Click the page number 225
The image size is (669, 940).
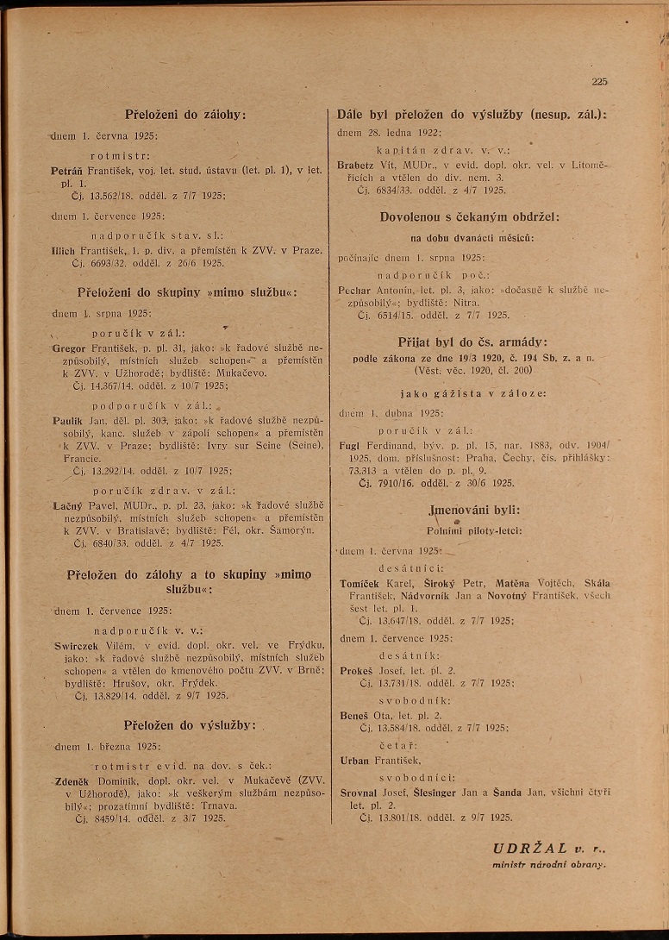600,82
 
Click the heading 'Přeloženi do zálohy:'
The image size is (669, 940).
185,115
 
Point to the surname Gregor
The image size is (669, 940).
69,348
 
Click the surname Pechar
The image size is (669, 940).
355,291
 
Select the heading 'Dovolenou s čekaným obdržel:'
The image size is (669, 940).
470,217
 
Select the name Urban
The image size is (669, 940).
355,760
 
